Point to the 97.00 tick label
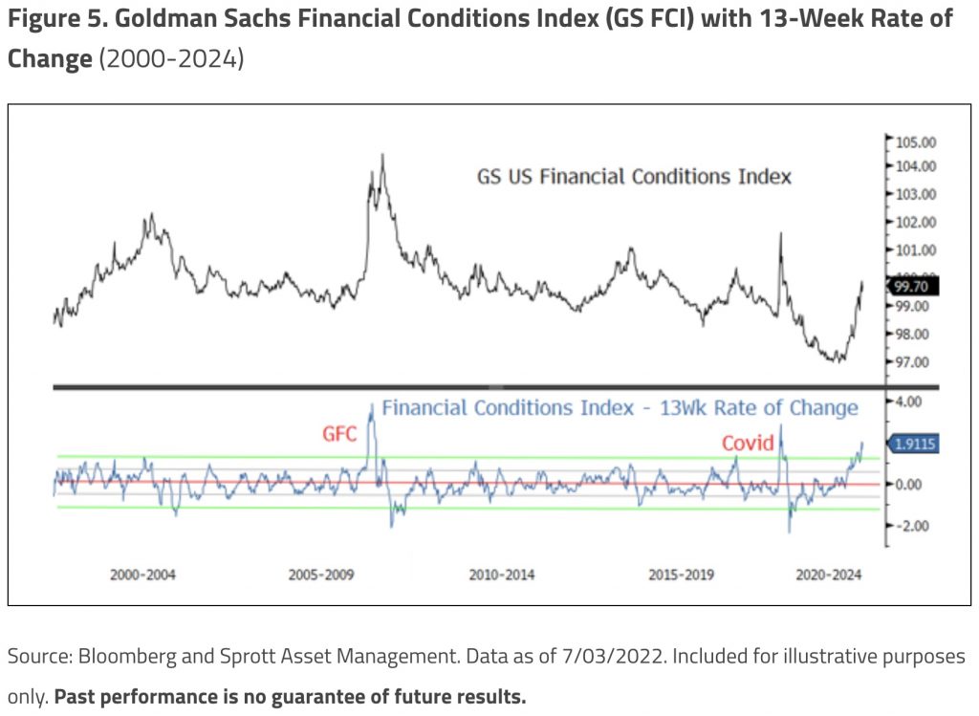[x=912, y=362]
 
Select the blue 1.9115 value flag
[x=915, y=444]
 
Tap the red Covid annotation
[x=748, y=444]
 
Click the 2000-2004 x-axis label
[x=142, y=575]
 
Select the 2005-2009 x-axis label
[x=322, y=575]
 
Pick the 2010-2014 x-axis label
[x=502, y=575]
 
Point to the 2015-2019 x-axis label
[x=681, y=575]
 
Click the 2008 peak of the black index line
[x=382, y=155]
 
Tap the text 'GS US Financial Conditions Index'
[x=634, y=177]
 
